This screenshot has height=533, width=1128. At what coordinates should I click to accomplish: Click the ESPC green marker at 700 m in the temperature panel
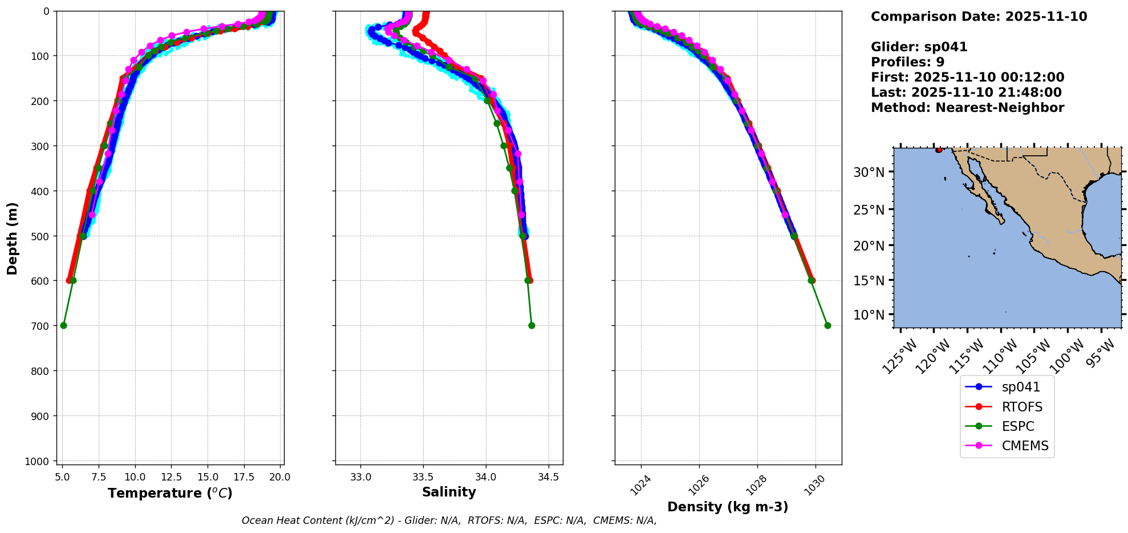pyautogui.click(x=63, y=325)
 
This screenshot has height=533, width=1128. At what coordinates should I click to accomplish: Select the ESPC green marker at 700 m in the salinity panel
pyautogui.click(x=531, y=325)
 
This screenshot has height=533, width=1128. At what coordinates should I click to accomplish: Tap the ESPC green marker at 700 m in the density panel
pyautogui.click(x=827, y=325)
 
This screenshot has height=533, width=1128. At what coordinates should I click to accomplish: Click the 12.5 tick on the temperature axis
pyautogui.click(x=171, y=477)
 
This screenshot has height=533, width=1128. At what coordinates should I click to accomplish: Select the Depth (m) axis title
pyautogui.click(x=13, y=238)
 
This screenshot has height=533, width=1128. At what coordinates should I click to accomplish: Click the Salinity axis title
pyautogui.click(x=449, y=492)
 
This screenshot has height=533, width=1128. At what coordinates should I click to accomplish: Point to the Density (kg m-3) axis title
pyautogui.click(x=728, y=507)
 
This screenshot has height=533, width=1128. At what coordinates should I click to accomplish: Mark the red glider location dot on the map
pyautogui.click(x=939, y=150)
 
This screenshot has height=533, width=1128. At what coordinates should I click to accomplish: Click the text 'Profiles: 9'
pyautogui.click(x=907, y=62)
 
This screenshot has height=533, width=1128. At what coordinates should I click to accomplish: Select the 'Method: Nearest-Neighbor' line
pyautogui.click(x=967, y=108)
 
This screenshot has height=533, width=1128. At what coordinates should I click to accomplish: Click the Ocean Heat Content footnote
pyautogui.click(x=449, y=520)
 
